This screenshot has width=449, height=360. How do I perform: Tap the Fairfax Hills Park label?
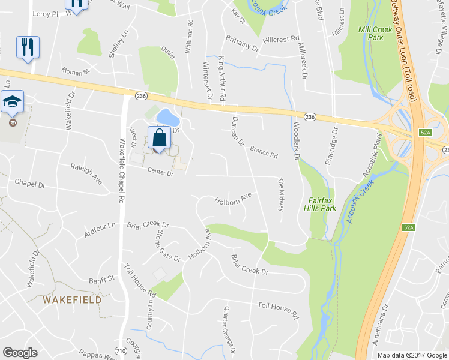coord(321,203)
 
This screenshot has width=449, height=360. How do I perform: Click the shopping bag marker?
coord(159,137)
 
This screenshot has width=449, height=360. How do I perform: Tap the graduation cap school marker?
coord(12,103)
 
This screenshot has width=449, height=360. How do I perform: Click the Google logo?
coord(20,353)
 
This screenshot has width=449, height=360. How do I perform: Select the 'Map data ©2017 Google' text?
coord(412,355)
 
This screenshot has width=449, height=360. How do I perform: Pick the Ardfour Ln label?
coord(100,229)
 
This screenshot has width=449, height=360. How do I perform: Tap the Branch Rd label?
coord(264,152)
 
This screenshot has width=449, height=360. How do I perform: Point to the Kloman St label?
coord(74,71)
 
